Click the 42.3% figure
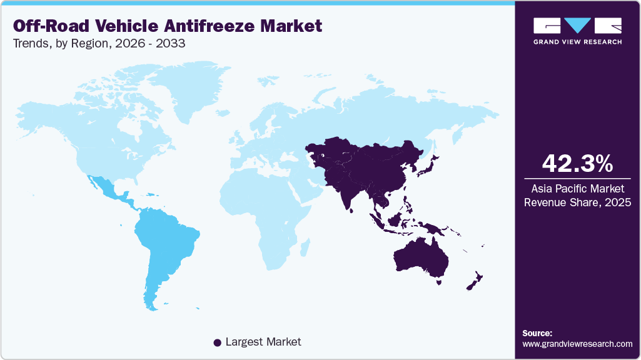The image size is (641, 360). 577,163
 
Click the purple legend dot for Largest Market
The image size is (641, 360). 217,342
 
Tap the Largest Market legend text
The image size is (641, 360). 263,342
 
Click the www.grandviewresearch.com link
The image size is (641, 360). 577,344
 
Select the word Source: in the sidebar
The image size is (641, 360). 537,333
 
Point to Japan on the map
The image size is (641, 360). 432,164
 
